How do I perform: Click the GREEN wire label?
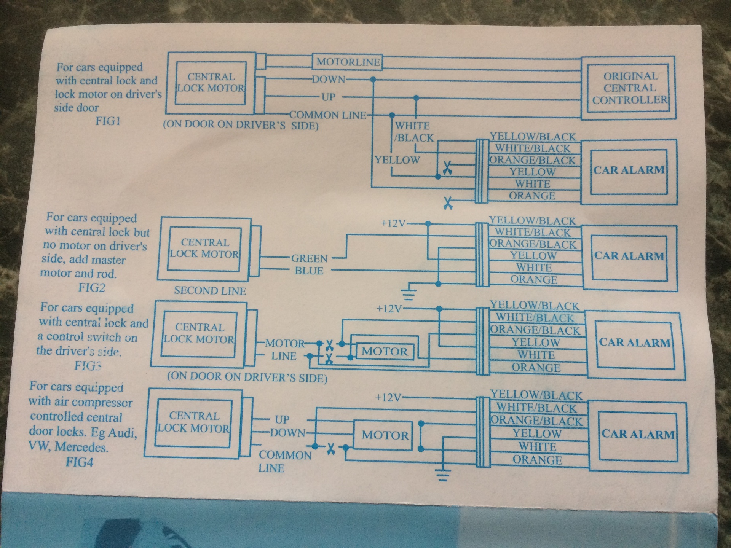[x=310, y=259]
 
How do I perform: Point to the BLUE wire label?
[x=309, y=271]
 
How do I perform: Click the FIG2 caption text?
[x=92, y=287]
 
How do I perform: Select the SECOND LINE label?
[x=210, y=291]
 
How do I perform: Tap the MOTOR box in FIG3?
[x=385, y=351]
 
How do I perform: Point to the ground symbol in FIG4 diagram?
[x=442, y=474]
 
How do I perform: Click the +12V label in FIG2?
[x=393, y=223]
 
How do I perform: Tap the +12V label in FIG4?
[x=388, y=398]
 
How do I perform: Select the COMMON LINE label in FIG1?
[x=328, y=115]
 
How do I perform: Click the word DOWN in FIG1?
[x=329, y=80]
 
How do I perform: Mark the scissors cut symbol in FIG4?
[x=331, y=449]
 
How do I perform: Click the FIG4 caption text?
[x=80, y=462]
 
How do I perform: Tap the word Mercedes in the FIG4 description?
[x=81, y=447]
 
